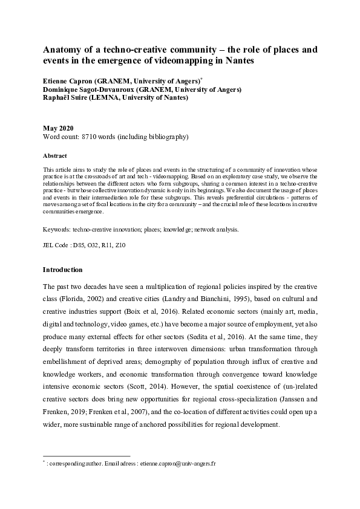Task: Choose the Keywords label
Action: (57, 230)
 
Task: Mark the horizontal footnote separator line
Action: (87, 456)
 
